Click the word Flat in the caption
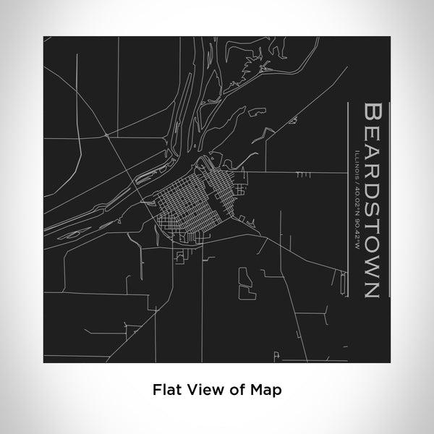pyautogui.click(x=165, y=389)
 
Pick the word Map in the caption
pyautogui.click(x=268, y=389)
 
